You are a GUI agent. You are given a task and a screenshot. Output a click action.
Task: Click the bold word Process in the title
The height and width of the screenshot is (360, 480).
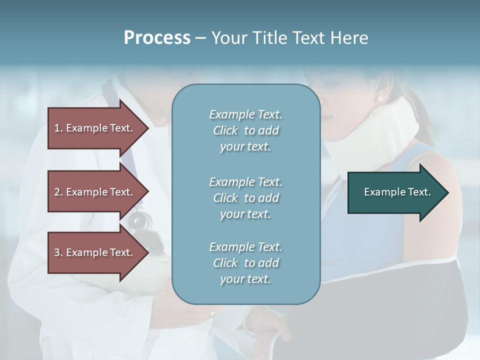pos(157,38)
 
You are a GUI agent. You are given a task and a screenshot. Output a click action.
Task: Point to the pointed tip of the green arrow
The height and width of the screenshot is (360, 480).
pos(447,192)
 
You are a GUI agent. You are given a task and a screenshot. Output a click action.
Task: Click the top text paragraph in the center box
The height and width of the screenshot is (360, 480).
pos(245,130)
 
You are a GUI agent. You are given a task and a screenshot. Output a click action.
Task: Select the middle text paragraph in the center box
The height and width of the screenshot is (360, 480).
pos(245,198)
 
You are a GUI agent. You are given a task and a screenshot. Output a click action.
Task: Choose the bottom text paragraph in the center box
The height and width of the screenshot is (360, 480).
pos(245,263)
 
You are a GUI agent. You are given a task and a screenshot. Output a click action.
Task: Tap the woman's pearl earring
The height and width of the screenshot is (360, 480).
pos(379,99)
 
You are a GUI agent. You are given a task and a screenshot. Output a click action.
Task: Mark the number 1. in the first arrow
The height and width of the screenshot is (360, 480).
pos(58,128)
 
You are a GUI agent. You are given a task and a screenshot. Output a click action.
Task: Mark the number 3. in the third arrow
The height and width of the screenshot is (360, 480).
pos(58,252)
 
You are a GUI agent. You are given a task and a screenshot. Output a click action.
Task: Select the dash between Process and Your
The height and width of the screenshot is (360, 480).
pos(200,38)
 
